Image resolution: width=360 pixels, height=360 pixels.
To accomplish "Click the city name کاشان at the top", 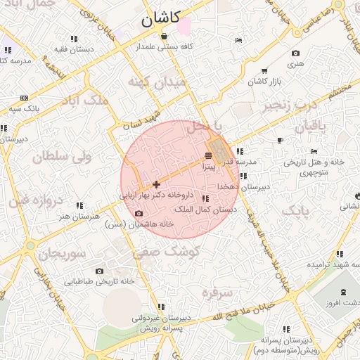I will tap(161, 18).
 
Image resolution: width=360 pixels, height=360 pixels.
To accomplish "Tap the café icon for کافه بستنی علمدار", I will tap(164, 37).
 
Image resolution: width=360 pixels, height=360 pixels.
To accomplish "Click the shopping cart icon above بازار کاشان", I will tap(264, 71).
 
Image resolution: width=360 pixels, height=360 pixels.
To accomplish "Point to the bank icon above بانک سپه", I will tap(25, 98).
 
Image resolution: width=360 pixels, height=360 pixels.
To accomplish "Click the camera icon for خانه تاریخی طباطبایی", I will tap(99, 271).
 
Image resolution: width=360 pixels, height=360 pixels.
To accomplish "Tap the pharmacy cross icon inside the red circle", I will tap(156, 184).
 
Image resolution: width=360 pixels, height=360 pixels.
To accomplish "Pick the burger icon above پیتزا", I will tap(208, 155).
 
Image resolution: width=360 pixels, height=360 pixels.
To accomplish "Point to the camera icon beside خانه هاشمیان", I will tap(139, 214).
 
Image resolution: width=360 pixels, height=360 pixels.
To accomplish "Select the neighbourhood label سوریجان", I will tap(62, 252).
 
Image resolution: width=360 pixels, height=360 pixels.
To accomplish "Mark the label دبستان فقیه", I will tap(75, 49).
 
